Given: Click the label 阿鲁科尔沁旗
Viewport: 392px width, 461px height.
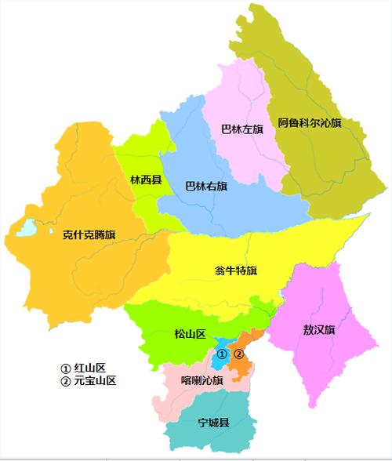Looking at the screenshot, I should (310, 123).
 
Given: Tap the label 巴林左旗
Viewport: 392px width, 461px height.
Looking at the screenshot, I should (242, 129).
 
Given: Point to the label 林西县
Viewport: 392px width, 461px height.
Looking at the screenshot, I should (146, 180).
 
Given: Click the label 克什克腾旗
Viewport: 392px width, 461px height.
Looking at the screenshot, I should (89, 234).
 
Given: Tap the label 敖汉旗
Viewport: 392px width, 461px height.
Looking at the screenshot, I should (318, 329).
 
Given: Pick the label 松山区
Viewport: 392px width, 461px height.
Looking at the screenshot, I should (189, 335).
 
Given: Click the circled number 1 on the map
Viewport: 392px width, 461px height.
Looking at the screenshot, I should (222, 354).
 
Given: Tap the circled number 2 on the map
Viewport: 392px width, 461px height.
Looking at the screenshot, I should (240, 354).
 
